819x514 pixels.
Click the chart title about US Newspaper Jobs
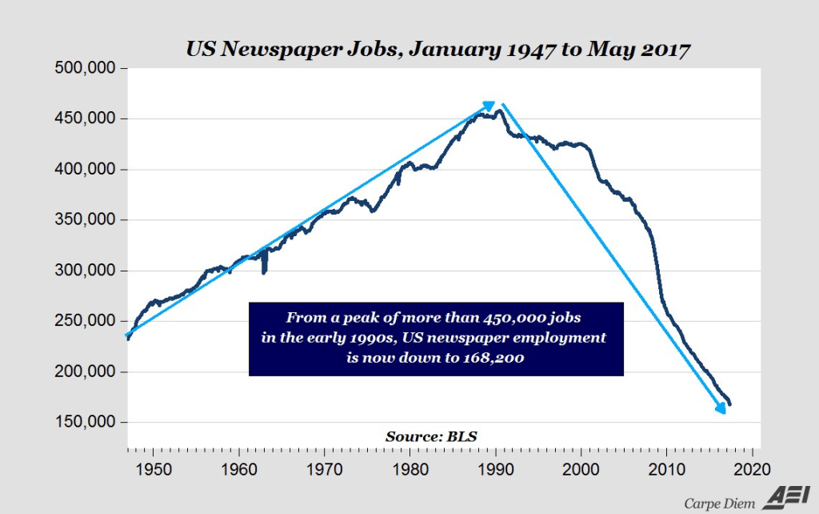tap(437, 50)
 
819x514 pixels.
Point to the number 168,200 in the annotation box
tap(493, 359)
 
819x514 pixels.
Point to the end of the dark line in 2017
tap(729, 404)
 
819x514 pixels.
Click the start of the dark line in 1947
tap(127, 339)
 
